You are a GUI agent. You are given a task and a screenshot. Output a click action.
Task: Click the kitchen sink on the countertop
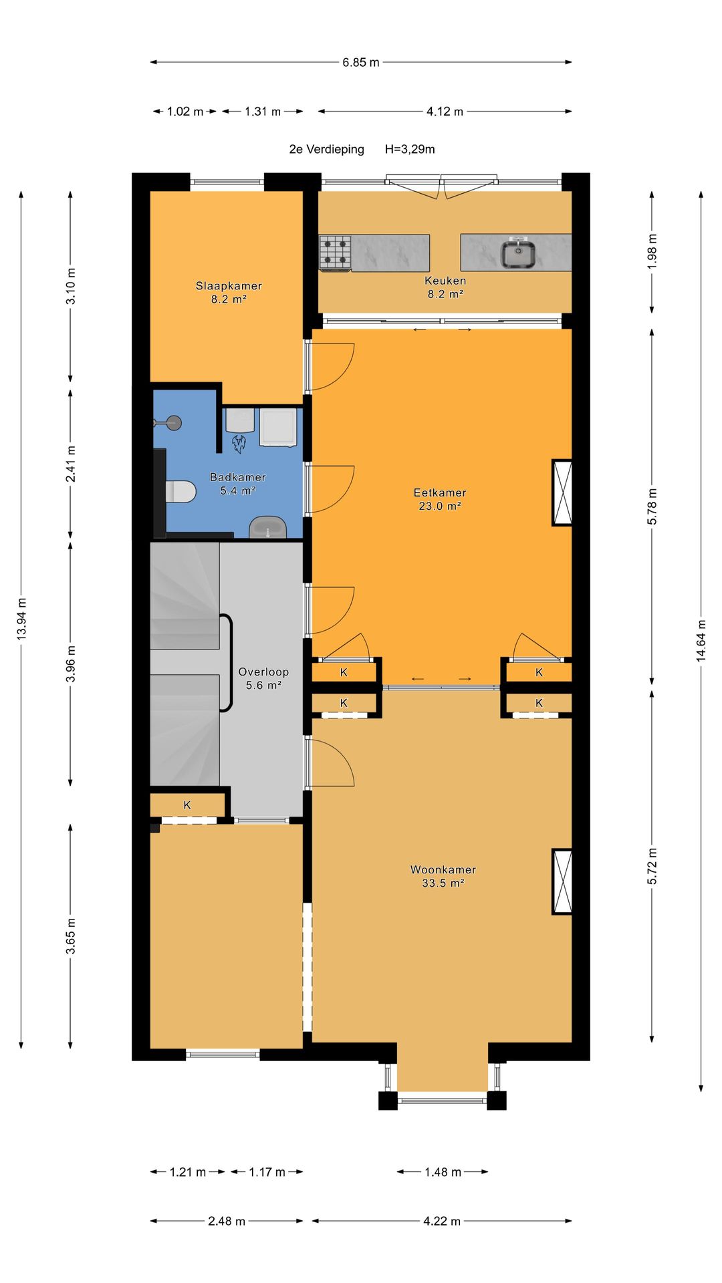tap(518, 253)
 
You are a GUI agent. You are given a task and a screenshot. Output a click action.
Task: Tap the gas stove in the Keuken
tap(335, 253)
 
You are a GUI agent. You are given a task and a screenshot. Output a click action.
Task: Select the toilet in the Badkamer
tap(180, 491)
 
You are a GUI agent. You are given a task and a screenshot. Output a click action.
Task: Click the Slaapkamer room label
tap(229, 285)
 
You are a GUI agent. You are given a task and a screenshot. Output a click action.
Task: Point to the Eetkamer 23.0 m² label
tap(440, 499)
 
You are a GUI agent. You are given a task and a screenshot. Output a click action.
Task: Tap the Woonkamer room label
tap(443, 869)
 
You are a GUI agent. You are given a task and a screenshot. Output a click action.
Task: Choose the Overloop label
tap(263, 672)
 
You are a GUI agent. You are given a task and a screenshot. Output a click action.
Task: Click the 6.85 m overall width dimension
tap(361, 62)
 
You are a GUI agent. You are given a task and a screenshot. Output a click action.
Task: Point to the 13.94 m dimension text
tap(21, 617)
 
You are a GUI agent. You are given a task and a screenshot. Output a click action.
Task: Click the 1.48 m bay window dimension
tap(443, 1171)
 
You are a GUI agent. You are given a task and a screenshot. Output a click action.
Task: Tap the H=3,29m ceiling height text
tap(410, 149)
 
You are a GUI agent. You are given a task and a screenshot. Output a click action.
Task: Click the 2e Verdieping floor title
tap(327, 149)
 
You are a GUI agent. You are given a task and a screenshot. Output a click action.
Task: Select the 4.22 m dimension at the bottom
tap(442, 1221)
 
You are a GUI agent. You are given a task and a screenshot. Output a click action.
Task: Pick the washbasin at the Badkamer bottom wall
tap(268, 527)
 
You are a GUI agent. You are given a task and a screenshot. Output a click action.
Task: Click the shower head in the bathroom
tap(173, 422)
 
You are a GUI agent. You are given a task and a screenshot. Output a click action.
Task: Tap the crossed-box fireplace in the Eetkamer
tap(562, 492)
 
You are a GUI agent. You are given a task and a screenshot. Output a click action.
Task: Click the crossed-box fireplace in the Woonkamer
tap(562, 881)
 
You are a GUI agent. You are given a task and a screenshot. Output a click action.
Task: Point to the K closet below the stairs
tap(187, 805)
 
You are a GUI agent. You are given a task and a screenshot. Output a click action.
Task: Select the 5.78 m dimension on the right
tap(652, 506)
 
